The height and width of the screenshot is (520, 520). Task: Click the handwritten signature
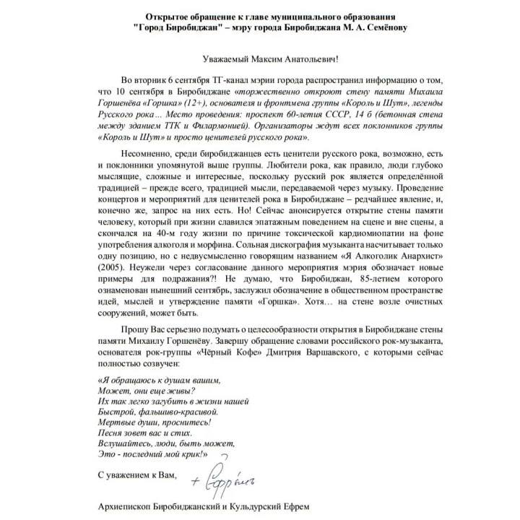[231, 475]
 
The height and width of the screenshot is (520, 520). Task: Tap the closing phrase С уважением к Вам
[136, 475]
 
